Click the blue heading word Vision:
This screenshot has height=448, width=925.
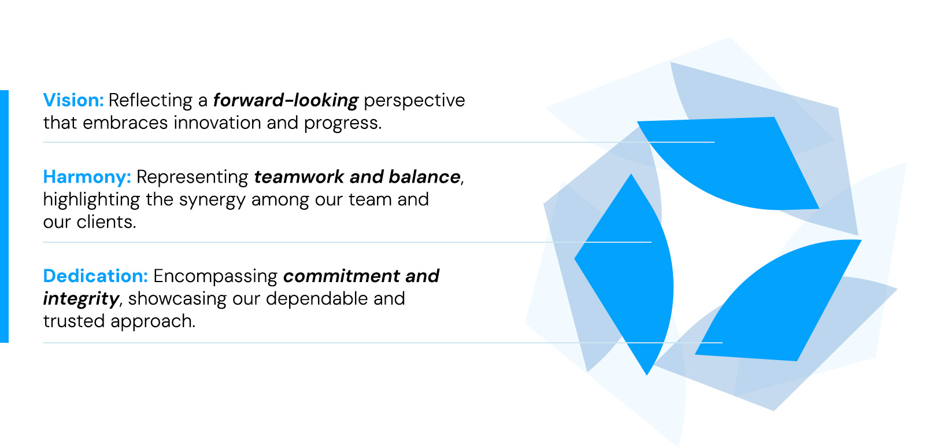tap(73, 100)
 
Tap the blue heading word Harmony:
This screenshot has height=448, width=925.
tap(87, 176)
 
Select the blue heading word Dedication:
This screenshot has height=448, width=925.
tap(95, 276)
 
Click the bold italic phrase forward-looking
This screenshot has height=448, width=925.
tap(286, 100)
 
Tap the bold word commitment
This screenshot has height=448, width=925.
tap(341, 276)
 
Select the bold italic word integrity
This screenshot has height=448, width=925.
tap(81, 299)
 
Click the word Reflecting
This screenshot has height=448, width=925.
tap(150, 101)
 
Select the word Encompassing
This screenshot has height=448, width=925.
tap(215, 276)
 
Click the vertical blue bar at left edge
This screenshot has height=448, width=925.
tap(4, 216)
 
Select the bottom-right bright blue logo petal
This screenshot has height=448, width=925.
tap(780, 301)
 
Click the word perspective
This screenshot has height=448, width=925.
tap(414, 101)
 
